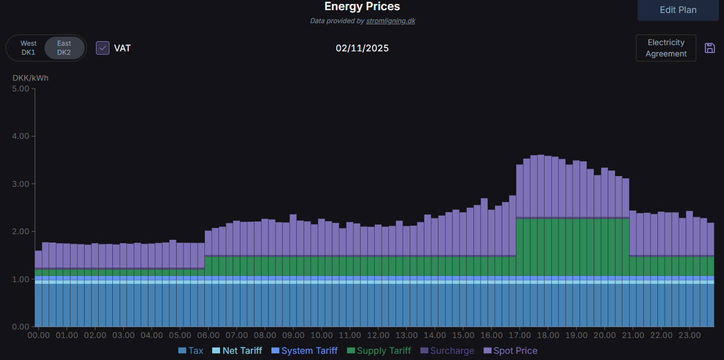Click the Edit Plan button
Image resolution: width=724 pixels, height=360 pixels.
pos(678,10)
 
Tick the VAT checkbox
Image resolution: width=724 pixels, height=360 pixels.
pos(103,48)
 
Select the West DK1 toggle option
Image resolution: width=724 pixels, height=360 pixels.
pos(28,48)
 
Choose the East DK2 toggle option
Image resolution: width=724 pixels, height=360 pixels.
pos(64,48)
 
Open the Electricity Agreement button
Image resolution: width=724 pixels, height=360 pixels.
pos(666,48)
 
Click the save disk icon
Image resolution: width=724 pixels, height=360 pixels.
pos(710,48)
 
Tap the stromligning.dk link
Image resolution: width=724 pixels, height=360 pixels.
pos(390,21)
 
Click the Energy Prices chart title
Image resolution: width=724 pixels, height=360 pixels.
pos(362,7)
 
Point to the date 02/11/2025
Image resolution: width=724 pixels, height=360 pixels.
pos(362,48)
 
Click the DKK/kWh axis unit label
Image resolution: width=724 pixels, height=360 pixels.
pos(30,78)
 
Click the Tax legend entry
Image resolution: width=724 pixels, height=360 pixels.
pos(191,351)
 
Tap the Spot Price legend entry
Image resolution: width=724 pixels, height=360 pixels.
pos(510,351)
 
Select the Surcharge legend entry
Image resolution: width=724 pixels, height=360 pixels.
pos(447,351)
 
